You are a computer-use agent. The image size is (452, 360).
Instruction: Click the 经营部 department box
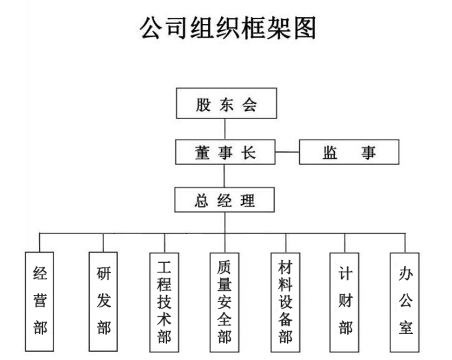point(40,301)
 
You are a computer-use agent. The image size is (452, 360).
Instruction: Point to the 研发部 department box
point(103,301)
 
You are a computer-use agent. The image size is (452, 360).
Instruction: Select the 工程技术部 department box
point(164,301)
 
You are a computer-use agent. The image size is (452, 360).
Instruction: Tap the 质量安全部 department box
point(225,301)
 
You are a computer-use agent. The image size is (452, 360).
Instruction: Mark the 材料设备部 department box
point(286,301)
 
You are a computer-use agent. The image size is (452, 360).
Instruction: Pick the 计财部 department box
point(345,301)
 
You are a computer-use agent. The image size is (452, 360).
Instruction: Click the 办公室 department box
point(405,301)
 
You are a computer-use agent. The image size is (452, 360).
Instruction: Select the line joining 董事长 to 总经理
point(225,177)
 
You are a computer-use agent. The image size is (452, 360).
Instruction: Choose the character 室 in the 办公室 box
point(405,327)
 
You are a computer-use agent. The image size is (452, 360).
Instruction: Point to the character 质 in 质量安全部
point(225,265)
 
